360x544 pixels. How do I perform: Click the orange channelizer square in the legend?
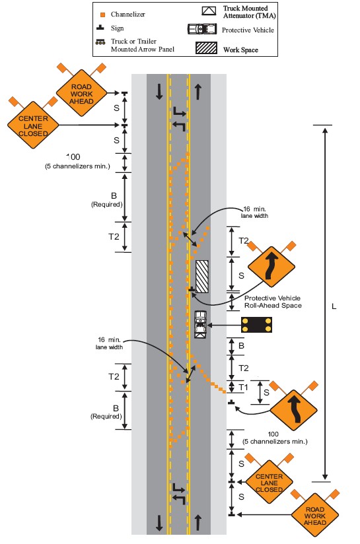[x=103, y=15]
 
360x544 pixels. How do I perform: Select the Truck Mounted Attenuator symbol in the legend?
[x=209, y=11]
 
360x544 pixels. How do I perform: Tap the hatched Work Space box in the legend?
[x=207, y=48]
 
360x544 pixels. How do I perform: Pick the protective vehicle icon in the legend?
[x=202, y=29]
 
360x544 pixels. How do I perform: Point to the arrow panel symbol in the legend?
[x=100, y=42]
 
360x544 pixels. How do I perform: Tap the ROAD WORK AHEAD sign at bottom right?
[x=315, y=515]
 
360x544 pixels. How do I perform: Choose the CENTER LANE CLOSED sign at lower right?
[x=269, y=483]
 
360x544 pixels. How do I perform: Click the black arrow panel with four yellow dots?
[x=256, y=325]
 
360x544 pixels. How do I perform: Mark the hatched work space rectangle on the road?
[x=202, y=277]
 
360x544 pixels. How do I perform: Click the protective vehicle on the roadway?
[x=200, y=324]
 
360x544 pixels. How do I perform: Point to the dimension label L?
[x=334, y=306]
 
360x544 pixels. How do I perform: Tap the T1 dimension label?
[x=243, y=387]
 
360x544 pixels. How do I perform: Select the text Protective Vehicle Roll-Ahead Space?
[x=273, y=302]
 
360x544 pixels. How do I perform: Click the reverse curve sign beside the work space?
[x=271, y=267]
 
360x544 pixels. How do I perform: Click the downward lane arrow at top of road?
[x=159, y=92]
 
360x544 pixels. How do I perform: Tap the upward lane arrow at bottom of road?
[x=198, y=522]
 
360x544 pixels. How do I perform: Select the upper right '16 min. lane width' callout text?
[x=254, y=213]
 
